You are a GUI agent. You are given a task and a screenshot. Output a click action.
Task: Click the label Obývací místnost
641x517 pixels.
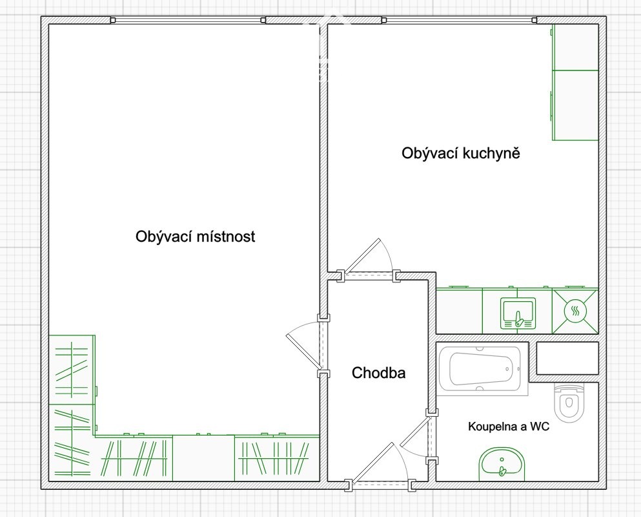[x=196, y=237]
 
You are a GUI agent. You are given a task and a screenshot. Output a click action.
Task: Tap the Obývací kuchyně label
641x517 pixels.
[x=461, y=154]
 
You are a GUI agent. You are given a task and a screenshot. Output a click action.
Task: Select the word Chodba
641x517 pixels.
[x=378, y=373]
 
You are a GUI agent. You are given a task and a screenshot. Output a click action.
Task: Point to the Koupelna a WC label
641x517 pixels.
[x=509, y=427]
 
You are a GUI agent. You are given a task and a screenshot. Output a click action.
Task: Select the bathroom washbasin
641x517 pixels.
[x=502, y=465]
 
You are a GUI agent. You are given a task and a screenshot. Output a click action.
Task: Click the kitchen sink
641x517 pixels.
[x=518, y=313]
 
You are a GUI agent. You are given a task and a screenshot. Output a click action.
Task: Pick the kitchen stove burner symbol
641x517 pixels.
[x=575, y=311]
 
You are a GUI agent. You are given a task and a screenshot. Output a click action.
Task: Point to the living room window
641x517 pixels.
[x=188, y=20]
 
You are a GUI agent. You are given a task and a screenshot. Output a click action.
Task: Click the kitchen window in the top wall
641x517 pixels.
[x=459, y=20]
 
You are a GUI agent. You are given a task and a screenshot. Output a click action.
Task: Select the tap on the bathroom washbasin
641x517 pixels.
[x=502, y=470]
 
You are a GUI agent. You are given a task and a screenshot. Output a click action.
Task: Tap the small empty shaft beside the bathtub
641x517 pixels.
[x=567, y=358]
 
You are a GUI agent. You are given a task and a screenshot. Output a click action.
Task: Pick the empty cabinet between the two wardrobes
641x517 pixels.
[x=203, y=458]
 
